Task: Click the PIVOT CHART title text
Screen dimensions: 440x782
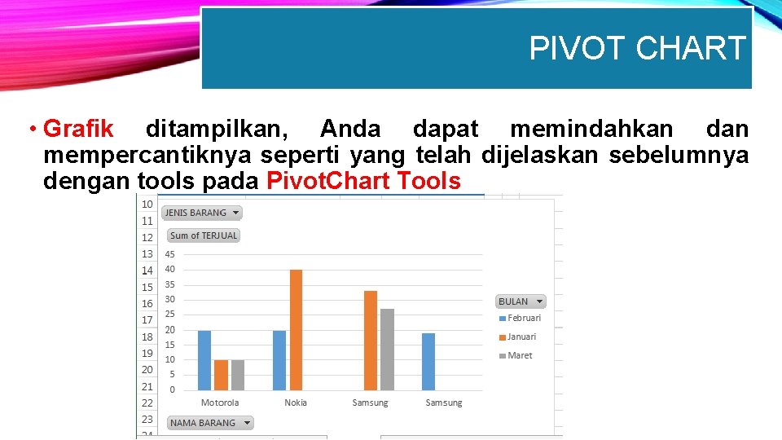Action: click(637, 49)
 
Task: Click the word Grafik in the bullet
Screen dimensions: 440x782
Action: click(78, 129)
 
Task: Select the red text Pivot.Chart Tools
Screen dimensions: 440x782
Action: click(363, 181)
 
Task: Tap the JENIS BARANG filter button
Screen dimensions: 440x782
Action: click(202, 213)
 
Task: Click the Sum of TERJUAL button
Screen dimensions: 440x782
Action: click(204, 235)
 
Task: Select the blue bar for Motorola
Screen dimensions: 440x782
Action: click(204, 360)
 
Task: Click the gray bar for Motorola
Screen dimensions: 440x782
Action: click(237, 375)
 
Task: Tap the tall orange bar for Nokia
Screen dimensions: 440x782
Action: click(296, 330)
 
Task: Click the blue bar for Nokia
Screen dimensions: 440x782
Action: click(279, 360)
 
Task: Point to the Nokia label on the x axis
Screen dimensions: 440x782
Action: click(296, 403)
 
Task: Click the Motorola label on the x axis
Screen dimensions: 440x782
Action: click(220, 403)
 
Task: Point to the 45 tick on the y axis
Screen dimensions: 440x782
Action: click(169, 254)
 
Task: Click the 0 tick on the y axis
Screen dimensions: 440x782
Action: click(172, 389)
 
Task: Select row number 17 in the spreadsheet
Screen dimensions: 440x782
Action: click(147, 320)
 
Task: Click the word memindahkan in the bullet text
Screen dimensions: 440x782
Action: click(591, 129)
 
